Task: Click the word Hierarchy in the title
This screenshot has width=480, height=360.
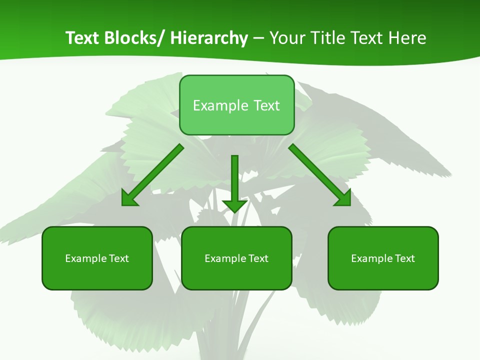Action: pos(209,38)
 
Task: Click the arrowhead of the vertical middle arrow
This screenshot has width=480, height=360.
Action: pos(234,205)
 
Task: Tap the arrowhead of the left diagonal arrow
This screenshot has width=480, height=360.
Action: pos(129,198)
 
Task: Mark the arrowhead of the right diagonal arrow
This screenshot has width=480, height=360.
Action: pos(343,198)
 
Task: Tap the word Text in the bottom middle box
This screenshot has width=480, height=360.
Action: pos(258,258)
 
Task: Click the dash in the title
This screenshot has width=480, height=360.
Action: pos(258,38)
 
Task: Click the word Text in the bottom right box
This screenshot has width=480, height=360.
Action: pos(404,258)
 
